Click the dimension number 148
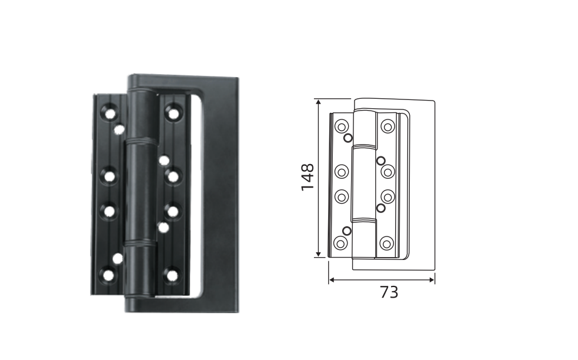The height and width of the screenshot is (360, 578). [x=308, y=177]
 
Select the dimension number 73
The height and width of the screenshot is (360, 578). [x=389, y=292]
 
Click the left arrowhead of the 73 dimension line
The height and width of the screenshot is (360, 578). [x=332, y=280]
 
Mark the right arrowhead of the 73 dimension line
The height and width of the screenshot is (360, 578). [x=432, y=280]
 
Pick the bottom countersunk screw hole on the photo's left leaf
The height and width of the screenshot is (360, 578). [x=108, y=275]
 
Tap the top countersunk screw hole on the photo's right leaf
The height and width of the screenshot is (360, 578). [x=173, y=112]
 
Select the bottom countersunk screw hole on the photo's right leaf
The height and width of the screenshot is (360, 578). [x=172, y=275]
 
